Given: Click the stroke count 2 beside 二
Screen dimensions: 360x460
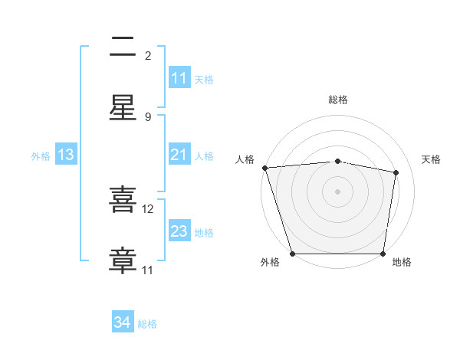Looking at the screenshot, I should pos(148,55).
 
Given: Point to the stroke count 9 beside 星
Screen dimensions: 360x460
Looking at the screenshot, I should pos(148,116).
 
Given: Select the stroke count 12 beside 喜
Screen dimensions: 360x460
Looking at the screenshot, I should pos(148,208).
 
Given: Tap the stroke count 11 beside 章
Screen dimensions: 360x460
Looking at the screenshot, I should pos(148,270).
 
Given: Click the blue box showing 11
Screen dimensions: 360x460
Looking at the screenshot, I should pos(179,78).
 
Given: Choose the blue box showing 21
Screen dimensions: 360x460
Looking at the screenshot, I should pos(179,155).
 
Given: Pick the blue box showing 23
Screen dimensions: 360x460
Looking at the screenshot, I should pos(179,231).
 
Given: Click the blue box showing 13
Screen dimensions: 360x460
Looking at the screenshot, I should pos(66,155).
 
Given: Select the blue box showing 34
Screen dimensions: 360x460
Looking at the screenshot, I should pos(123,322).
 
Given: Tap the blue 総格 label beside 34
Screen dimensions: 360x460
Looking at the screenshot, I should pos(147,324).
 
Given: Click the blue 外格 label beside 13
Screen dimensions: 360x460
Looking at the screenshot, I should pos(41,156).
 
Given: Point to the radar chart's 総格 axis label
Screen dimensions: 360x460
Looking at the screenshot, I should pos(337,100).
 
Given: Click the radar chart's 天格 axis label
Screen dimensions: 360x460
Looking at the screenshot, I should pos(431,159).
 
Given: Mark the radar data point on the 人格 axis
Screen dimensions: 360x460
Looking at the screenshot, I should pos(264,168).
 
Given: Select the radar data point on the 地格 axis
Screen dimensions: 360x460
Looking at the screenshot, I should pos(383,254).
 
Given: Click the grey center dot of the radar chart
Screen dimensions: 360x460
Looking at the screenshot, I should pos(337,191).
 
